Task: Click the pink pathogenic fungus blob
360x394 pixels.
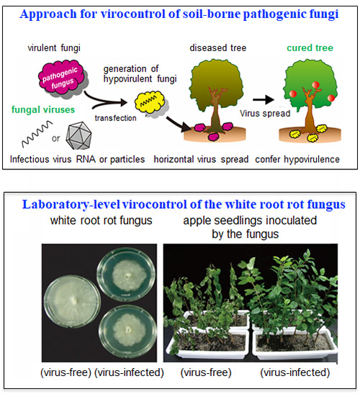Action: click(60, 77)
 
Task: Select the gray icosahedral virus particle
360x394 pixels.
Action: click(78, 135)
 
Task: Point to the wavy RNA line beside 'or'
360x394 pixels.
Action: click(37, 134)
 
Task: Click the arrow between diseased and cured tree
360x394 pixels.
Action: click(263, 99)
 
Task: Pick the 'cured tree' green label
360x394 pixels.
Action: click(310, 48)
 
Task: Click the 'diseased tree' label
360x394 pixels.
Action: click(218, 48)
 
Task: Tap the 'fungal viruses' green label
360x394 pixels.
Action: click(43, 109)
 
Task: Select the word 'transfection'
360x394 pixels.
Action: click(116, 118)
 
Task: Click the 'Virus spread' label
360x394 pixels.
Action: click(265, 113)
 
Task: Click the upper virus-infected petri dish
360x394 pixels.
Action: click(127, 274)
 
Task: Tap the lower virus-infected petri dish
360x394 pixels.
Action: click(127, 332)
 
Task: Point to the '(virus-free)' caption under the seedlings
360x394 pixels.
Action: click(206, 372)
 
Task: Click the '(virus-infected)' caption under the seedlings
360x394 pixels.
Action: click(295, 372)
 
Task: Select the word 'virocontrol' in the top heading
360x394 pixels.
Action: click(133, 14)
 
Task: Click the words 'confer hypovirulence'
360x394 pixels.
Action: click(297, 159)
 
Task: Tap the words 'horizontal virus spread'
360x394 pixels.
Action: click(201, 159)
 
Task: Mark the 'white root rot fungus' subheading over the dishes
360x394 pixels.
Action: click(102, 220)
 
